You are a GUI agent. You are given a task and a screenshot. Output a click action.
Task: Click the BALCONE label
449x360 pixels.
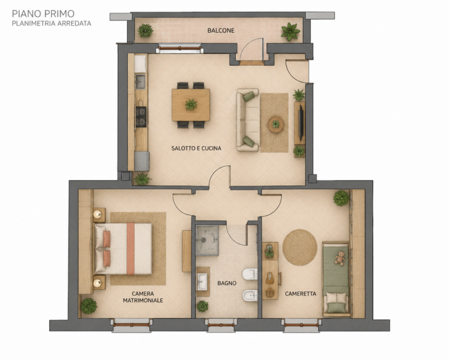221,30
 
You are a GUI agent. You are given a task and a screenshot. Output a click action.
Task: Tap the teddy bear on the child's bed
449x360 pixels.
340,258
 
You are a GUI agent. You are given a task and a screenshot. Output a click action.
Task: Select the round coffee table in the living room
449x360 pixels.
276,124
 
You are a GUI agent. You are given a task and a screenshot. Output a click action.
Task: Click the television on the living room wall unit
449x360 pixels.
301,121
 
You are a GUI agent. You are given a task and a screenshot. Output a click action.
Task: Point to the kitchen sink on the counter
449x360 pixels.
140,81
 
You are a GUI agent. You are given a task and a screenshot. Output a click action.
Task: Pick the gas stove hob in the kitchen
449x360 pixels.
141,117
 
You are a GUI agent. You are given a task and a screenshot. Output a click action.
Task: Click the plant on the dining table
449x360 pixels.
191,104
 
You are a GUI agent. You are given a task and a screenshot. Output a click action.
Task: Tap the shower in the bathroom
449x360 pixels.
207,240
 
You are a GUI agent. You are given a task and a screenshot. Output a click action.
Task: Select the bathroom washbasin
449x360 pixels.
202,281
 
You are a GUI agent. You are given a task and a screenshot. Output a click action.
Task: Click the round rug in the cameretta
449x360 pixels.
300,247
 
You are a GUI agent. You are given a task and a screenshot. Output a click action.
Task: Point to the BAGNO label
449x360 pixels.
227,283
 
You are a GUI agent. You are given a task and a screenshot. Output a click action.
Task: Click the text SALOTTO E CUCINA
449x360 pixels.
196,148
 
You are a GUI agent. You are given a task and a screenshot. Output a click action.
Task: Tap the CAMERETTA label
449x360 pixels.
300,294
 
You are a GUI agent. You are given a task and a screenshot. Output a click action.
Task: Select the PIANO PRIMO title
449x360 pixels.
43,13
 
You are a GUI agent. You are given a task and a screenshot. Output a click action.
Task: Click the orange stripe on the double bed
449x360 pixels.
131,249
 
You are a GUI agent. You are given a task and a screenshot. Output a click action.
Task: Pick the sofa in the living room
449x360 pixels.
248,120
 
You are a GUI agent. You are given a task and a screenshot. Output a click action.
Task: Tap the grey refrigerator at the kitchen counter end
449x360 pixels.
142,161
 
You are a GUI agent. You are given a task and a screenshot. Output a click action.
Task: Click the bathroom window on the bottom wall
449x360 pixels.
221,325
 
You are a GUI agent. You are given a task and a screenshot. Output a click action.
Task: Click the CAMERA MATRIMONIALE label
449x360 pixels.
143,297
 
